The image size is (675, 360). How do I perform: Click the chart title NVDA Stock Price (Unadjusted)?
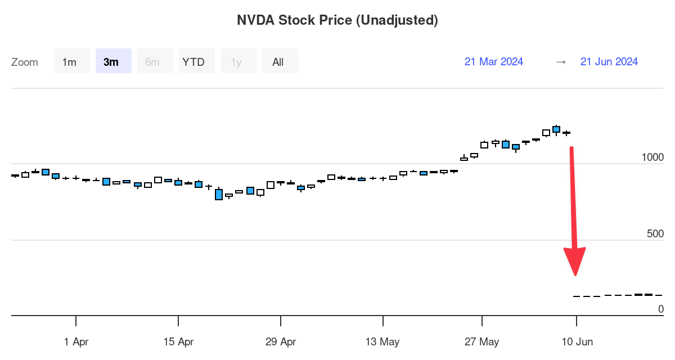[x=337, y=20]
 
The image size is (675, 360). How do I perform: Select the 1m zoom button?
[x=69, y=62]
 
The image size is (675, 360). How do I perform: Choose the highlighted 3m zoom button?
[x=111, y=62]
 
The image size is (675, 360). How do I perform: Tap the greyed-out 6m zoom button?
[x=152, y=62]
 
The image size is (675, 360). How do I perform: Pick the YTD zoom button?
[x=194, y=62]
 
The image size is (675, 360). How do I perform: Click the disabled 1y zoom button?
[x=236, y=62]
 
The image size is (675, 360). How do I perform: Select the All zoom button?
[x=278, y=62]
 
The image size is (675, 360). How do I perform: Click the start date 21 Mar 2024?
[x=494, y=62]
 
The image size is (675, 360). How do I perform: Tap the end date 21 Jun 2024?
[x=609, y=62]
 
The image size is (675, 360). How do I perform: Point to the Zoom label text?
[x=25, y=62]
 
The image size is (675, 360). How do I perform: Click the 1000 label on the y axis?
[x=652, y=157]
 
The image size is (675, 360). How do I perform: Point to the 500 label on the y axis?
[x=655, y=234]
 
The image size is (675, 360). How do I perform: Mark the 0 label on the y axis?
[x=661, y=309]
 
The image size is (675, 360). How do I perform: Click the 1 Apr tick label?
[x=76, y=341]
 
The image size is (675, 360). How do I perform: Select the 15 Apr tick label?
[x=178, y=341]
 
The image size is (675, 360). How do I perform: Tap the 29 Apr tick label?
[x=280, y=341]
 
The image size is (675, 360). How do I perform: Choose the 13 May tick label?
[x=382, y=341]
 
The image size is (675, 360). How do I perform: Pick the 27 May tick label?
[x=482, y=341]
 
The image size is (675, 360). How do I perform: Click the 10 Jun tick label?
[x=577, y=341]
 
